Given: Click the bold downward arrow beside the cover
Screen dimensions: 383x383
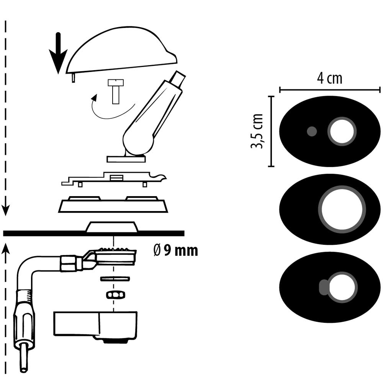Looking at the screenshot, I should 58,54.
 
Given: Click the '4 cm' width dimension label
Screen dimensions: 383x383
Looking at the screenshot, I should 329,78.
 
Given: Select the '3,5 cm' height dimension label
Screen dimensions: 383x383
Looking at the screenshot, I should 257,131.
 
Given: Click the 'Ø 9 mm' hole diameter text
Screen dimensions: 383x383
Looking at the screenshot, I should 175,251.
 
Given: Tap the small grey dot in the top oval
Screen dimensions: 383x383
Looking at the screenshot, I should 312,131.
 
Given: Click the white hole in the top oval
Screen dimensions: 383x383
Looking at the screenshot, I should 342,131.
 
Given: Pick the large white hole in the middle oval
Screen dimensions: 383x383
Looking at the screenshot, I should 342,209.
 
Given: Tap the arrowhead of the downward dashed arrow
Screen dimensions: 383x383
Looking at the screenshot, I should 6,210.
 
